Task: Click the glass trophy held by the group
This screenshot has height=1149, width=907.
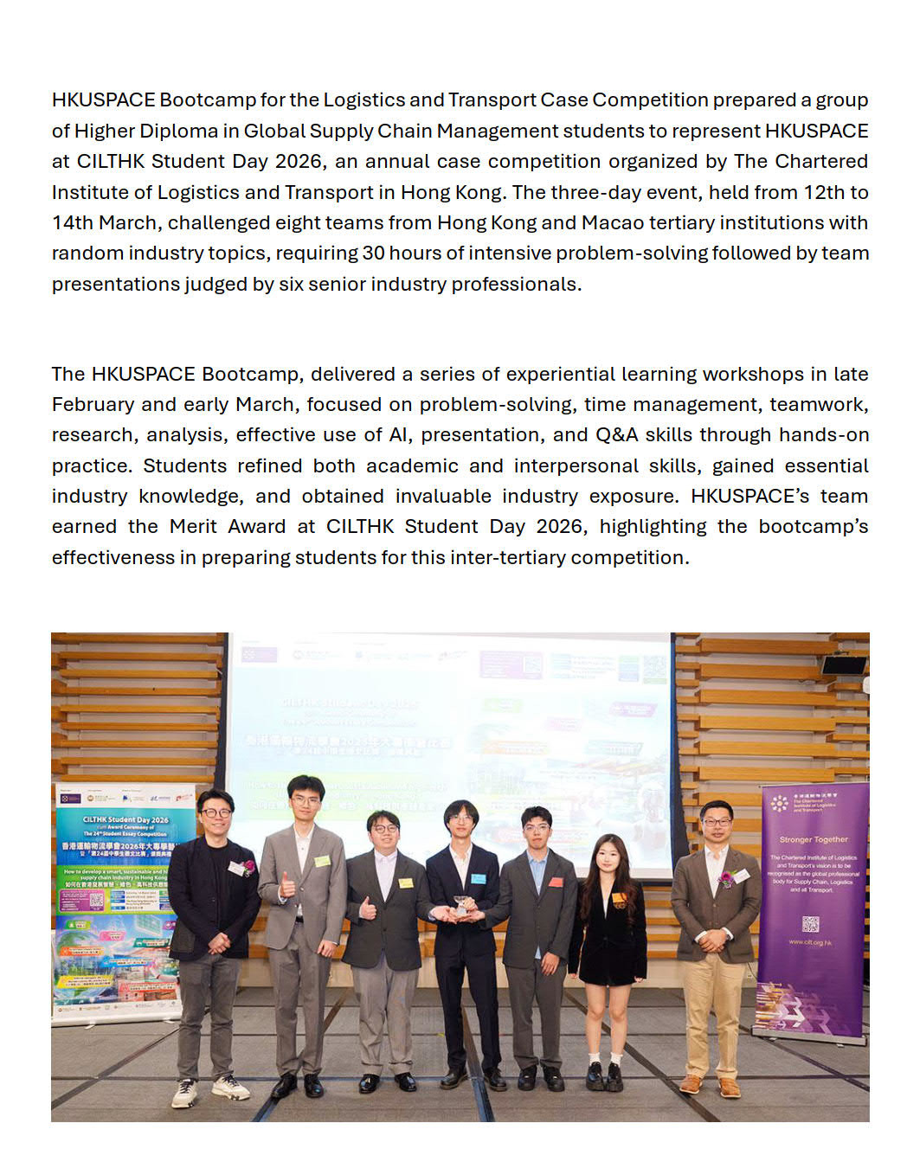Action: (464, 906)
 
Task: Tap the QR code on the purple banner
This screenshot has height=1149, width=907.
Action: (810, 924)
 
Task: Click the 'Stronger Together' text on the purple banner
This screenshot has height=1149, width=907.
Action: (814, 839)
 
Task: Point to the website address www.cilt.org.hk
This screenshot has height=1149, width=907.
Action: (810, 942)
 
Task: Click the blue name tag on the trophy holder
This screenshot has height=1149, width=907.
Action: (478, 878)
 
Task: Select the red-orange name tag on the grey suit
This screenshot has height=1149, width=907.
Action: (556, 882)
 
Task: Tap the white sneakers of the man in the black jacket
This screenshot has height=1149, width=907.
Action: (208, 1089)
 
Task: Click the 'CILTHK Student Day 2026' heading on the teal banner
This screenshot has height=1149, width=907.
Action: (125, 819)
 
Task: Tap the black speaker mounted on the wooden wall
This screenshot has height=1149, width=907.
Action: (843, 664)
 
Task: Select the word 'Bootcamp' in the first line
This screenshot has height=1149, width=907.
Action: (208, 100)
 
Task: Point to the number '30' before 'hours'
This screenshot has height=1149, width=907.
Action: (373, 254)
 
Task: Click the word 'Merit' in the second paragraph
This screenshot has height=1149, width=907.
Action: (193, 527)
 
